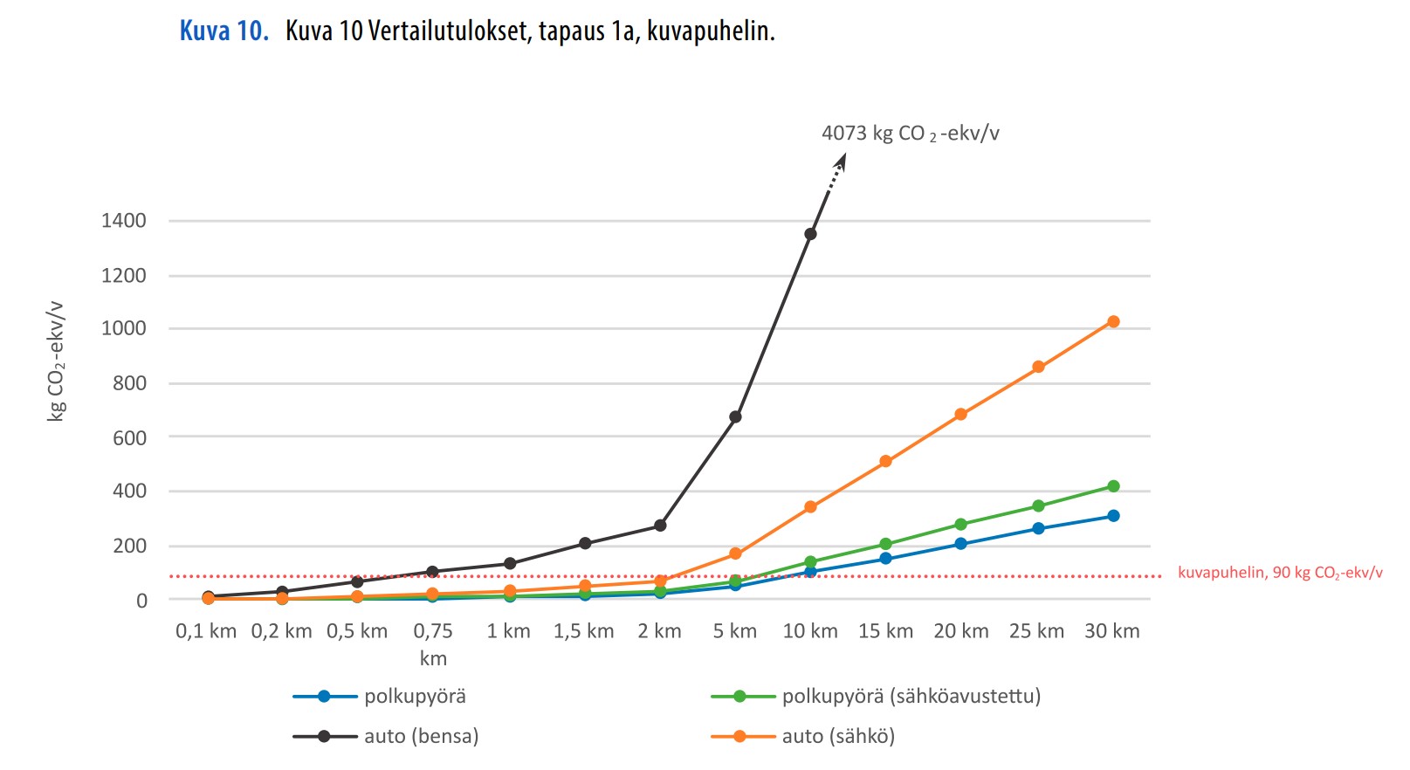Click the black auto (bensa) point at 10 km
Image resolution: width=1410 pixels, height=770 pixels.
(x=810, y=234)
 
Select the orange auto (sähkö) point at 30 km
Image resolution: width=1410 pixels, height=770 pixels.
(x=1113, y=322)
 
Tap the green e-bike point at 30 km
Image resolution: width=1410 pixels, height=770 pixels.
(x=1113, y=486)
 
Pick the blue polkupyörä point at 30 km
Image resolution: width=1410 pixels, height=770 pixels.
(x=1113, y=516)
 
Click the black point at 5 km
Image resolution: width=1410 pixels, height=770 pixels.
(x=735, y=417)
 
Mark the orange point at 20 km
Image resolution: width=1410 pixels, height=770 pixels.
(x=961, y=415)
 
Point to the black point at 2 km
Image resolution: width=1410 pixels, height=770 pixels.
(x=660, y=526)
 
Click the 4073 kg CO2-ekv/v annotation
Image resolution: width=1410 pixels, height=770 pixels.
(x=910, y=134)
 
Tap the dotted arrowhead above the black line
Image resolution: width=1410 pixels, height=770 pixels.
(x=841, y=162)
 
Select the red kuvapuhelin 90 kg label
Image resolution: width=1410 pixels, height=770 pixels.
(x=1279, y=573)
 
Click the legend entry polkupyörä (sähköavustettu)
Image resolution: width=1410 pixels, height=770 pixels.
(x=911, y=696)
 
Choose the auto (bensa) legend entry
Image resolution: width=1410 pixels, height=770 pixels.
(x=421, y=736)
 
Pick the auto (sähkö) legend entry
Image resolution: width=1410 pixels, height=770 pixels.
(x=838, y=736)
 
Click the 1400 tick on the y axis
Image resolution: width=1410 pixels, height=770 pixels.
(x=124, y=221)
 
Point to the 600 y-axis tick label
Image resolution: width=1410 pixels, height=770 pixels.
(x=129, y=437)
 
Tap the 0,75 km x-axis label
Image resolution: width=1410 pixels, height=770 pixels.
(x=433, y=643)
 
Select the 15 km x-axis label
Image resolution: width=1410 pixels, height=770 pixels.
(x=885, y=631)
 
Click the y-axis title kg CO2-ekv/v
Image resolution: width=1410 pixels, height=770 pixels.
(x=56, y=361)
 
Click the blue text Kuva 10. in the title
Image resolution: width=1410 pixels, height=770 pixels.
(x=224, y=31)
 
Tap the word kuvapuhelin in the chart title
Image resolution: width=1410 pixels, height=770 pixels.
(x=710, y=31)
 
